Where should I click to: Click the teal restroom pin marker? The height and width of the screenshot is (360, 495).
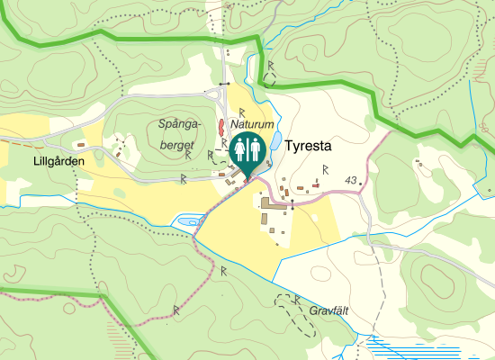247,152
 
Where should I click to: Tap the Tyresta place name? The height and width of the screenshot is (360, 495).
309,145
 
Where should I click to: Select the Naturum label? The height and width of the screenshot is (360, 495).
251,122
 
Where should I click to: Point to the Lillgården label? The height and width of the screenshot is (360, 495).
58,161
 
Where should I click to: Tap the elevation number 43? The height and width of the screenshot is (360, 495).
350,181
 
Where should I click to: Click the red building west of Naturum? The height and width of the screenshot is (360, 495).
220,125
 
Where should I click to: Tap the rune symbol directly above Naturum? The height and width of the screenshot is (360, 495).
242,109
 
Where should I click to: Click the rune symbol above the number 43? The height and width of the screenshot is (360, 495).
324,168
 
